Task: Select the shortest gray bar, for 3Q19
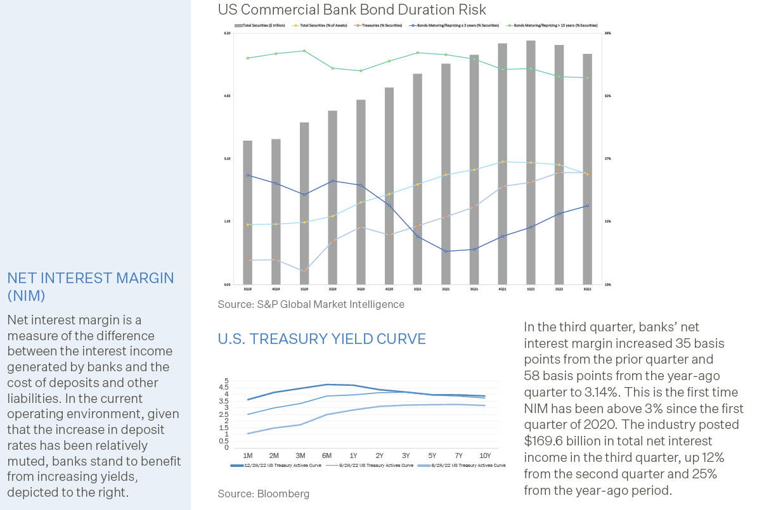(x=247, y=212)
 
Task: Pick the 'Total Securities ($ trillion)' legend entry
(x=261, y=25)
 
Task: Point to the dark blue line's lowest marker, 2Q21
(x=446, y=251)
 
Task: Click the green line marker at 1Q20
(x=304, y=51)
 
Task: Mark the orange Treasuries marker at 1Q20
(x=304, y=271)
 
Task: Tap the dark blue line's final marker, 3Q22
(x=587, y=206)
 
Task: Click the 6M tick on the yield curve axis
(x=327, y=456)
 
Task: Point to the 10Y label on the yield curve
(x=484, y=456)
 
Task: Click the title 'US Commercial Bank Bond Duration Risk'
(x=352, y=10)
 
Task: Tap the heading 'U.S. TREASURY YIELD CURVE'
(x=321, y=339)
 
